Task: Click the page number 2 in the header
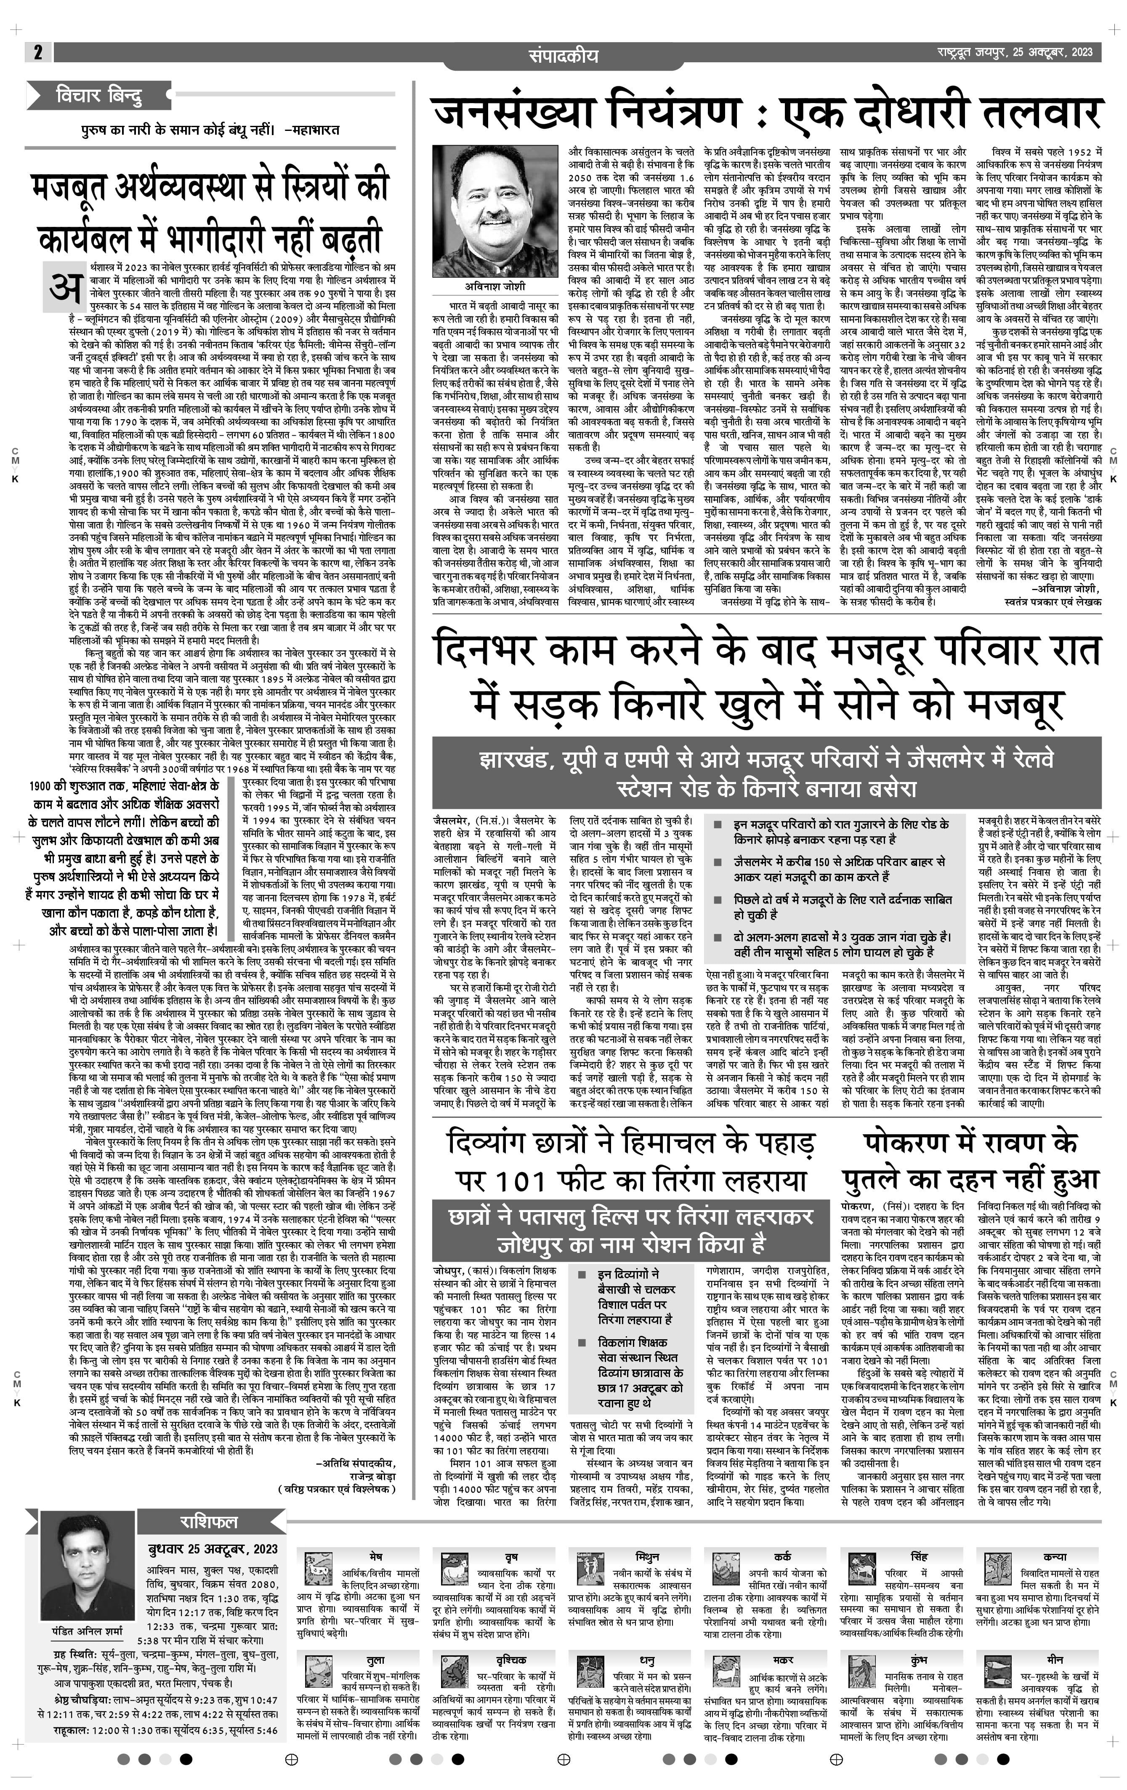point(37,52)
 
